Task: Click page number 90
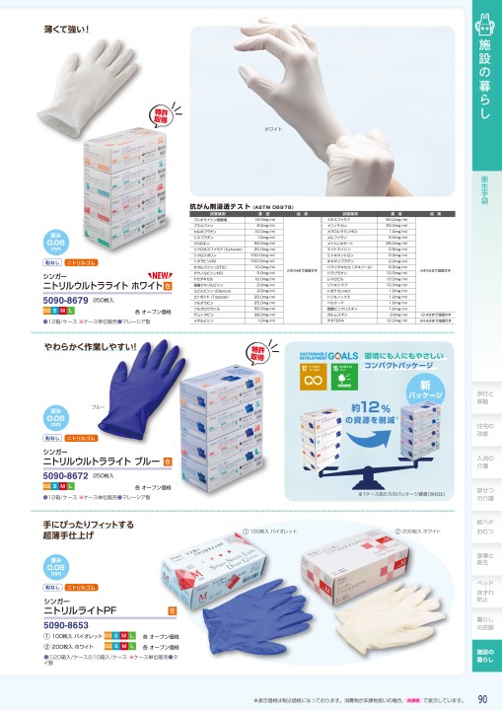pyautogui.click(x=481, y=699)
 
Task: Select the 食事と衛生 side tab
pyautogui.click(x=483, y=559)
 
